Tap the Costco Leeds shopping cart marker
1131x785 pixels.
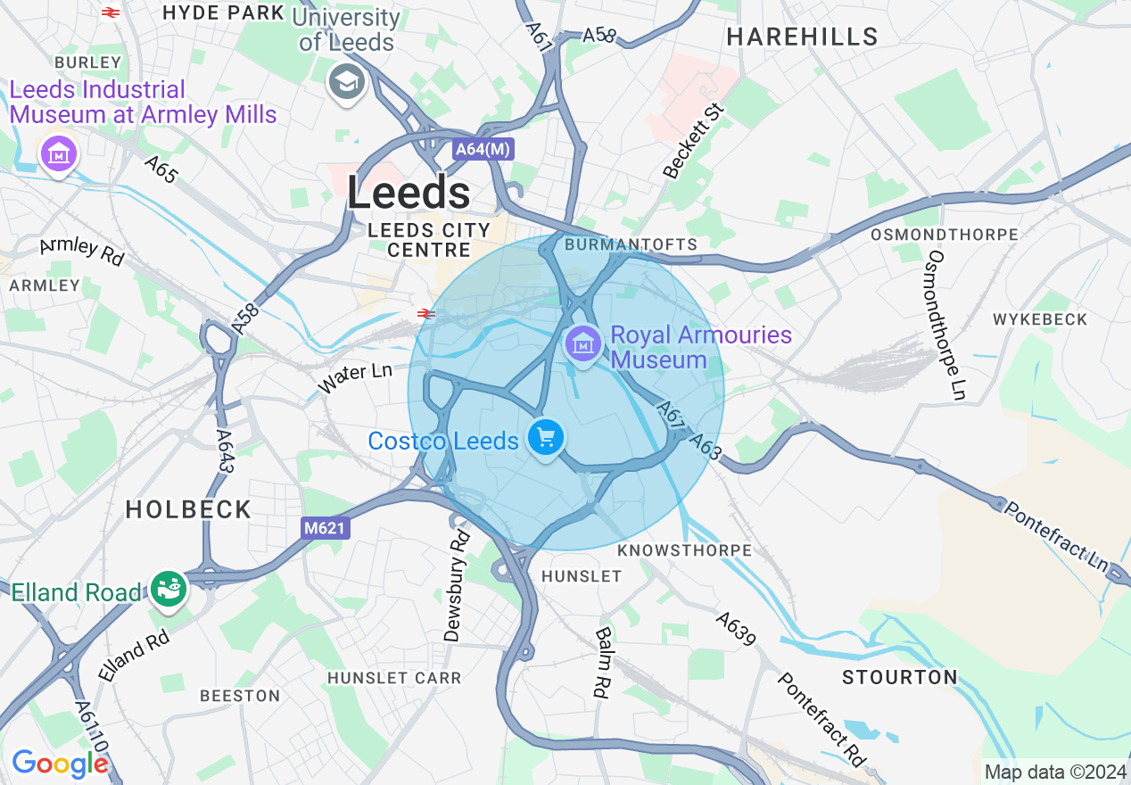click(x=545, y=438)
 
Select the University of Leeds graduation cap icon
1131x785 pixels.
click(x=345, y=83)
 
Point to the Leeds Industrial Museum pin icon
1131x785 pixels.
click(x=59, y=154)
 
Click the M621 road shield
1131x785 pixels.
click(x=324, y=529)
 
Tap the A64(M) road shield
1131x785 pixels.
click(x=483, y=150)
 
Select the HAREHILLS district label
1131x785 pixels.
click(x=802, y=37)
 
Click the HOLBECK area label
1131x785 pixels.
click(x=188, y=509)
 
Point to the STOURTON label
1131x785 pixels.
click(x=899, y=677)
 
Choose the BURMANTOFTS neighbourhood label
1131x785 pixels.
click(x=631, y=244)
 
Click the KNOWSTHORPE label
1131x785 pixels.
click(x=684, y=550)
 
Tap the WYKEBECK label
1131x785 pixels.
click(x=1040, y=319)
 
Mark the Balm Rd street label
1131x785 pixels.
click(x=603, y=662)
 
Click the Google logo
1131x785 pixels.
click(x=60, y=763)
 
